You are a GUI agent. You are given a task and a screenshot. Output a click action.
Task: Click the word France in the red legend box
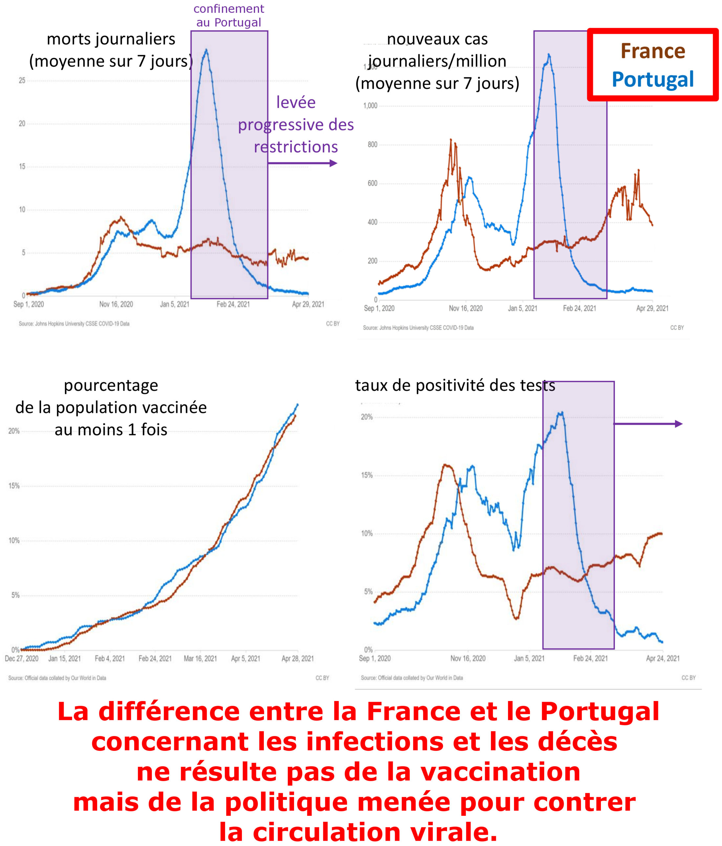coord(652,52)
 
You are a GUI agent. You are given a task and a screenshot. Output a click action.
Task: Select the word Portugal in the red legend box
coord(652,79)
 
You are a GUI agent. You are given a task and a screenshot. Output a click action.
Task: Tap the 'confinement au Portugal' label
coord(229,15)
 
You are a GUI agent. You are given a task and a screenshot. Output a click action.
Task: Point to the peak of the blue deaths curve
coord(206,50)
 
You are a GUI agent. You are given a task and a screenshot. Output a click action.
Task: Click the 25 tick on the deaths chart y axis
coord(22,80)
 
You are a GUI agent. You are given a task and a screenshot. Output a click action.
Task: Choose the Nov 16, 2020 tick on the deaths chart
coord(116,304)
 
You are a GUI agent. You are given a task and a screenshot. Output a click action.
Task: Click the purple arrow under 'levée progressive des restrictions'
coord(302,163)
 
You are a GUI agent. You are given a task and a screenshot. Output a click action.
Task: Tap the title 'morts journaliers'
coord(111,39)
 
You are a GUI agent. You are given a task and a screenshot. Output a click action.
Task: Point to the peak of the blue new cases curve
coord(549,54)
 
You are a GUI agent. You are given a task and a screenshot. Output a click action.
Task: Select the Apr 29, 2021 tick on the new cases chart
coord(652,308)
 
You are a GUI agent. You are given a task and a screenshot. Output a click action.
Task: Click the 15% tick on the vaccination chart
coord(14,486)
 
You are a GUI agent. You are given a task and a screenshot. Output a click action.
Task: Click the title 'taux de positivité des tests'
coord(455,385)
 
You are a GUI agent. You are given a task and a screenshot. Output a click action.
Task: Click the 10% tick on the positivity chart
coord(367,534)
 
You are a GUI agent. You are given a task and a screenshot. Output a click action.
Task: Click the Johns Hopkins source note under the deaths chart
coord(74,324)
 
